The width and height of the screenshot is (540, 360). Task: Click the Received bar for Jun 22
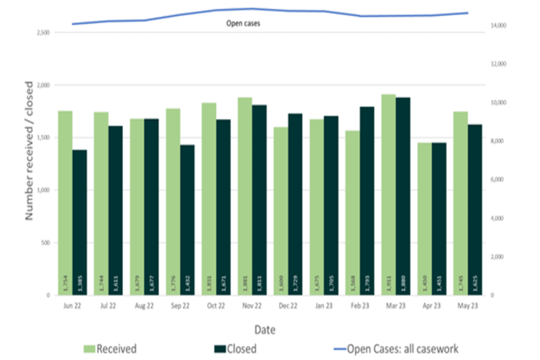coord(65,202)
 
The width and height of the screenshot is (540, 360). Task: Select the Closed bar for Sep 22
coord(187,219)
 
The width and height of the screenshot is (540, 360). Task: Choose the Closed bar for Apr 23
coord(439,219)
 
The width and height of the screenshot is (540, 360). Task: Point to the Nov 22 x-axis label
coord(252,306)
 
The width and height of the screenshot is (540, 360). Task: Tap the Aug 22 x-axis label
coord(144,306)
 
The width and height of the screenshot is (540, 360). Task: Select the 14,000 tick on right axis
coord(500,26)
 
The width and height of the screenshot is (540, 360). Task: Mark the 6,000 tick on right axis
coord(499,180)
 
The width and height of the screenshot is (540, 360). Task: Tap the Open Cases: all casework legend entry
coord(394,349)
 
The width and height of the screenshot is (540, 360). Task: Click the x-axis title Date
coord(264,329)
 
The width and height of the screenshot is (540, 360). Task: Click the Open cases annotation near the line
coord(243,24)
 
